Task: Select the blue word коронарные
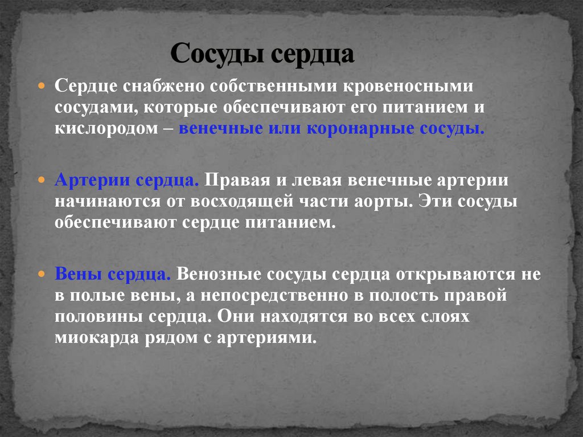pos(361,128)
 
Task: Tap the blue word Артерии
pos(94,181)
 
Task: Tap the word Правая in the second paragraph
pos(232,181)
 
